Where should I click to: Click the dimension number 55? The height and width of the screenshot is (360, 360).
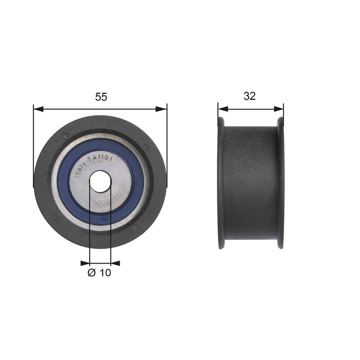pyautogui.click(x=101, y=97)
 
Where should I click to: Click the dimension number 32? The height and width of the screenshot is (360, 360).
pyautogui.click(x=250, y=96)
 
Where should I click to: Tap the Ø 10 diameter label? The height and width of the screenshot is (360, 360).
pyautogui.click(x=99, y=273)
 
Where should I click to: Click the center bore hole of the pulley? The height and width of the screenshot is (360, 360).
pyautogui.click(x=100, y=181)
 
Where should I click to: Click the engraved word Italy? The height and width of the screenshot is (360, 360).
pyautogui.click(x=81, y=170)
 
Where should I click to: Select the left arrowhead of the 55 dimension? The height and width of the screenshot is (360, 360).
pyautogui.click(x=38, y=109)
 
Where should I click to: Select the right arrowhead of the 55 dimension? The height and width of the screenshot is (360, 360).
pyautogui.click(x=162, y=109)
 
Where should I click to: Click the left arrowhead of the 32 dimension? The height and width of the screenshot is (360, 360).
pyautogui.click(x=223, y=109)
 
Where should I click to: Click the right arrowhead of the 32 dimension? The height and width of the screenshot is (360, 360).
pyautogui.click(x=279, y=109)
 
